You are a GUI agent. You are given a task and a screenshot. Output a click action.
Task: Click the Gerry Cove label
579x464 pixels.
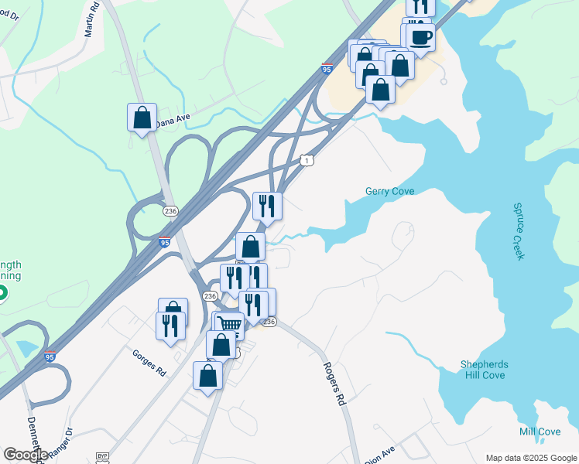389,191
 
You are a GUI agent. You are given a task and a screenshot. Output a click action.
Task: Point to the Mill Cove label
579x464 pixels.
540,431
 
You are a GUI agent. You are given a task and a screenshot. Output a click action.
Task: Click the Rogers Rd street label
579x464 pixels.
334,384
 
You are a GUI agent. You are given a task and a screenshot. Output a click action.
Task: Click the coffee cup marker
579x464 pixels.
420,36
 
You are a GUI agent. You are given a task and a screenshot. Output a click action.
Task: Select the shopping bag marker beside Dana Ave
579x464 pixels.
142,118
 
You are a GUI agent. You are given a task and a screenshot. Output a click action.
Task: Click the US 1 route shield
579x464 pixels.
307,160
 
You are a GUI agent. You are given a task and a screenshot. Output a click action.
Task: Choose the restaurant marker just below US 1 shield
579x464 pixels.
267,206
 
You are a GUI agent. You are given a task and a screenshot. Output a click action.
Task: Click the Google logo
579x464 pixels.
25,454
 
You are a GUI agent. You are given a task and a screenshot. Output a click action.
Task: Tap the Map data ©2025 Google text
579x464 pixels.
530,458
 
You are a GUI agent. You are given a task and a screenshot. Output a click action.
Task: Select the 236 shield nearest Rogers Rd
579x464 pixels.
269,322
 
